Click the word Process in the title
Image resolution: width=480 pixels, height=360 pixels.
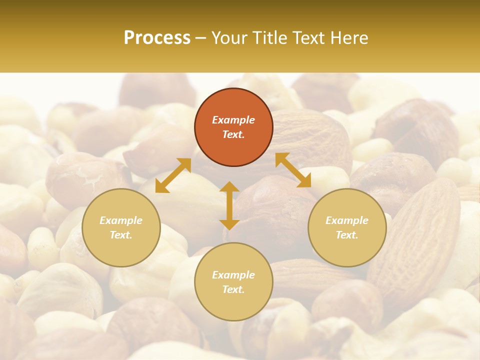[x=157, y=38]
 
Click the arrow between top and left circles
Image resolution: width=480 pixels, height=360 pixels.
[x=173, y=175]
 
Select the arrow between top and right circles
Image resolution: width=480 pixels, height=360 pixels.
[x=293, y=170]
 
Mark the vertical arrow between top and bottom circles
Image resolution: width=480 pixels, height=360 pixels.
[x=229, y=205]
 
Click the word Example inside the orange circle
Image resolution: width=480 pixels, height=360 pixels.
[x=233, y=120]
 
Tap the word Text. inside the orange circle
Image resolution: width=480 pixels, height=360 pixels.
[x=233, y=134]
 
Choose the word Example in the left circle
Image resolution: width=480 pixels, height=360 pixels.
[x=121, y=220]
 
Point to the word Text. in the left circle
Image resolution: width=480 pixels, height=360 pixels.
[x=121, y=235]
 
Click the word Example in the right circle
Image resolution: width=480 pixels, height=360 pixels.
[x=347, y=220]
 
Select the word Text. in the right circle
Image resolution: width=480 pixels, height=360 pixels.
[x=347, y=235]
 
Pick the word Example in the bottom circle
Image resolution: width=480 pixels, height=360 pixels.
[x=233, y=275]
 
